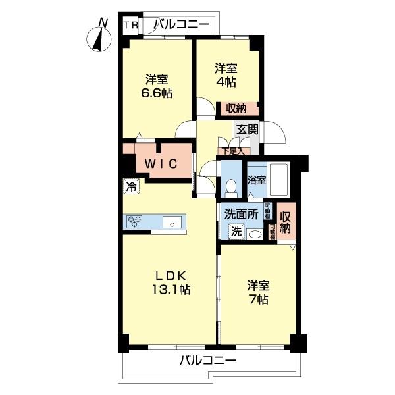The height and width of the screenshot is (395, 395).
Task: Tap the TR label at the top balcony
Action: tap(130, 26)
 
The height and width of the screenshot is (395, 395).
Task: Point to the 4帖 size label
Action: tap(226, 82)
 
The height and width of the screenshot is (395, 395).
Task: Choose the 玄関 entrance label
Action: tap(248, 129)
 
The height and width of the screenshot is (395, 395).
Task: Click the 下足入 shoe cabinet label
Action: tap(233, 151)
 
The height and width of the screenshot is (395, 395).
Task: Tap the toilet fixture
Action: tap(230, 188)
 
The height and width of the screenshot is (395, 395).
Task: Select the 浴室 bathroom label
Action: tap(257, 179)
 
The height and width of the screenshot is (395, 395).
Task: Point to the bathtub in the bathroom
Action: tap(280, 179)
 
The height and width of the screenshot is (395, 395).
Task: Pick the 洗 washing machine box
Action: tap(235, 231)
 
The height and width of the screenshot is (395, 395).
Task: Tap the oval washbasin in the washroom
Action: tap(255, 234)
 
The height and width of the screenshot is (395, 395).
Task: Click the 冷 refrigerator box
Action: tap(132, 186)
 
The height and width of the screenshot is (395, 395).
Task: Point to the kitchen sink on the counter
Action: tap(174, 222)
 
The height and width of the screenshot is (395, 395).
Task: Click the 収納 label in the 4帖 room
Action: tap(236, 109)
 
